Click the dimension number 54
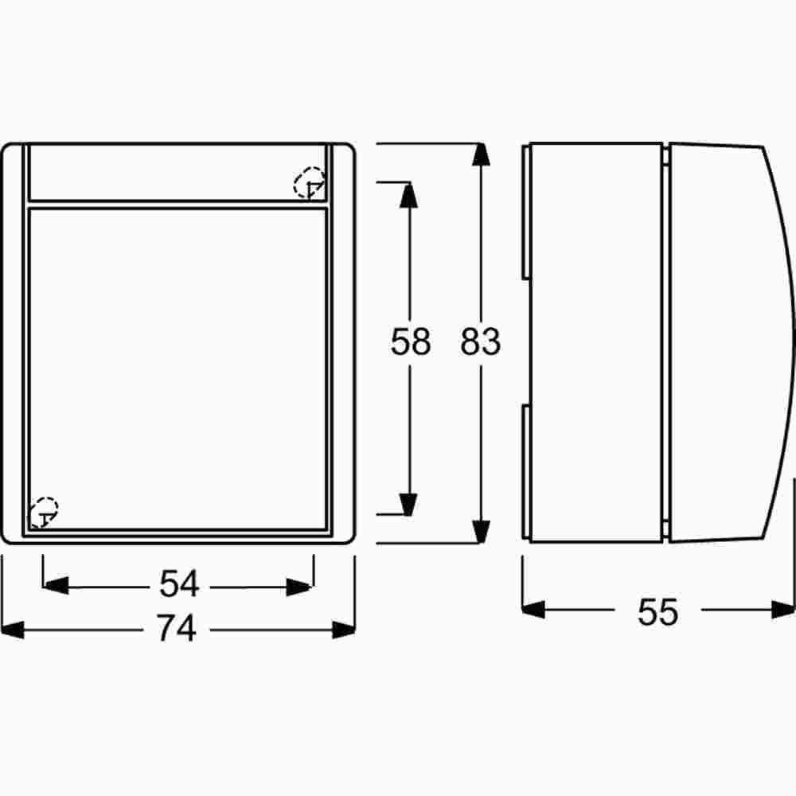[x=178, y=583]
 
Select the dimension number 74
[x=176, y=628]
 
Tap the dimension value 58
[x=410, y=341]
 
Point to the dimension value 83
[x=480, y=341]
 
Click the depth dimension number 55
[x=657, y=611]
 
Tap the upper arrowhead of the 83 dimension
[x=480, y=154]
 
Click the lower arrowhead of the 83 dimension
[x=480, y=532]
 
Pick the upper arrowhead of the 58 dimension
[x=408, y=196]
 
